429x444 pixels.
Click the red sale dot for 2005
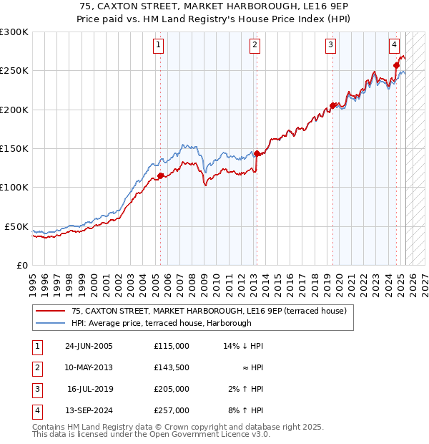point(160,175)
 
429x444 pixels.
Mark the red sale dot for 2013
point(257,153)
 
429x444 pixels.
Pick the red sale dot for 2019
point(332,106)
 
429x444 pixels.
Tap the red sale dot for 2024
point(396,65)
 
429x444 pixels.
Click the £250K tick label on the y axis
point(14,71)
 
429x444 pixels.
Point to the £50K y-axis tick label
point(16,226)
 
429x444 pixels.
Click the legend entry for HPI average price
point(161,323)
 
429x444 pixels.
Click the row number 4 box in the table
point(36,410)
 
